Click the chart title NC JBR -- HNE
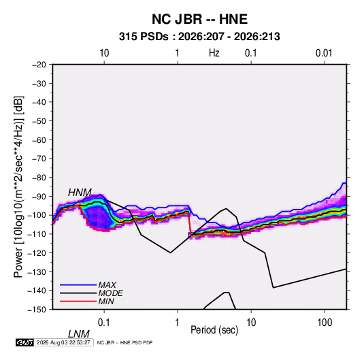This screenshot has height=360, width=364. click(x=199, y=19)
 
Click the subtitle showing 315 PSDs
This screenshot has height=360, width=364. click(x=199, y=37)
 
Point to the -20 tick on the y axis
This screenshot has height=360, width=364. click(x=39, y=65)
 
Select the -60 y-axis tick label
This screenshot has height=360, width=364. click(x=39, y=140)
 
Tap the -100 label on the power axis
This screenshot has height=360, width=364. click(x=37, y=215)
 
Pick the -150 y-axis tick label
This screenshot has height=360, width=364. click(x=37, y=310)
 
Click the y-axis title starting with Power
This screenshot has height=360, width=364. click(x=18, y=186)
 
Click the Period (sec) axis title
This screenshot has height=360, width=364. click(x=214, y=330)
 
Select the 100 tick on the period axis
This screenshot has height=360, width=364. click(x=325, y=323)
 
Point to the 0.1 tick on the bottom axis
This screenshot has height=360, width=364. click(x=104, y=323)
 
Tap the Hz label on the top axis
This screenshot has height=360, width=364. click(x=214, y=53)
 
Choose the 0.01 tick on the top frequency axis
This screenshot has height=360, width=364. click(x=324, y=53)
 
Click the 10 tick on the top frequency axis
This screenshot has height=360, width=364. click(x=104, y=53)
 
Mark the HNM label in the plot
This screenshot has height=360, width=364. click(x=80, y=193)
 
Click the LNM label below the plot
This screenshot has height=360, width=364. click(x=79, y=334)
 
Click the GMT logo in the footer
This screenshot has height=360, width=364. click(x=25, y=342)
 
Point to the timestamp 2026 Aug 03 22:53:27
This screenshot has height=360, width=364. click(x=63, y=342)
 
